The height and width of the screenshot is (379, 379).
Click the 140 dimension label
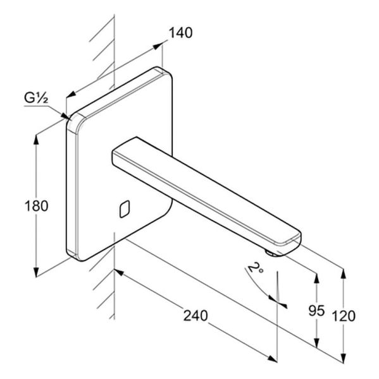click(x=180, y=33)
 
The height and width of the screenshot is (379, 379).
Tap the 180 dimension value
click(x=37, y=206)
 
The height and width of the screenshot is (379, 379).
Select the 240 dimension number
click(x=196, y=316)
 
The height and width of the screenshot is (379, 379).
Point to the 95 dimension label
click(x=316, y=310)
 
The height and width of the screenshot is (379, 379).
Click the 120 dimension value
click(x=344, y=316)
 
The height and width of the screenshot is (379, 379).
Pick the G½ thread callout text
click(x=36, y=98)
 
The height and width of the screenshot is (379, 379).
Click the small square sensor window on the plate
click(x=125, y=209)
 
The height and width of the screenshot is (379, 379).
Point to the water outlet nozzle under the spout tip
click(x=271, y=253)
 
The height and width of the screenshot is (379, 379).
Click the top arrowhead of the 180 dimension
click(x=36, y=140)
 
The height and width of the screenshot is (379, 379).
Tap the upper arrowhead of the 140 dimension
click(x=158, y=46)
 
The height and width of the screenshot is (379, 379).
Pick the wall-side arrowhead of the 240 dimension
click(x=119, y=272)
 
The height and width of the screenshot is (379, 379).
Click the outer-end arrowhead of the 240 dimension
click(x=272, y=359)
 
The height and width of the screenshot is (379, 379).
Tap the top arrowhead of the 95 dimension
click(x=316, y=279)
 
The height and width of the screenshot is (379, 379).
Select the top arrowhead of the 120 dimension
click(x=344, y=274)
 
